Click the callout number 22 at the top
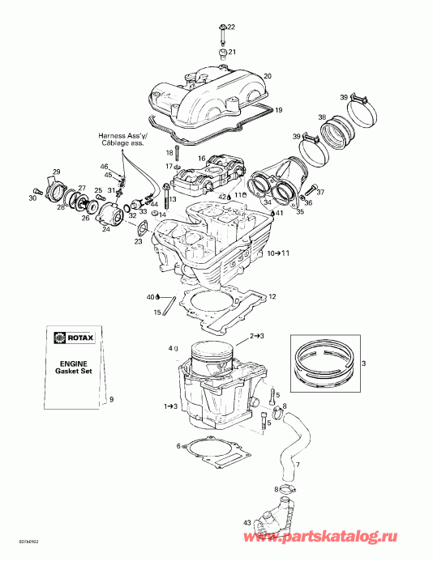pos(231,28)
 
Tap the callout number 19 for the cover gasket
pos(278,109)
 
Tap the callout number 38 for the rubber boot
pos(323,117)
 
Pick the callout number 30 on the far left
pos(32,198)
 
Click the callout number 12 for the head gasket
pos(272,296)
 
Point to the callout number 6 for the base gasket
pos(178,446)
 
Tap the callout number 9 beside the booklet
pos(111,399)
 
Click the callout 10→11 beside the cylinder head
pos(277,253)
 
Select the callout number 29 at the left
pos(56,171)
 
